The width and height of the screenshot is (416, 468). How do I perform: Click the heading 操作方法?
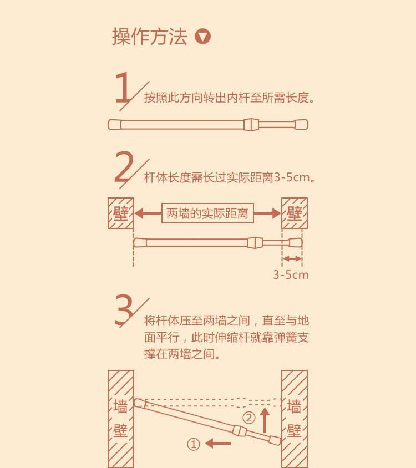(x=150, y=37)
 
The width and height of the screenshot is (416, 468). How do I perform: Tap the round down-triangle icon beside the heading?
(x=203, y=37)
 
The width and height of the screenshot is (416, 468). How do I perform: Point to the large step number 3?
(x=124, y=310)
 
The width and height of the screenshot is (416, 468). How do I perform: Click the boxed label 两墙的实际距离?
(x=207, y=213)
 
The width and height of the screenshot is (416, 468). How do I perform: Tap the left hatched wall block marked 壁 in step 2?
(x=121, y=213)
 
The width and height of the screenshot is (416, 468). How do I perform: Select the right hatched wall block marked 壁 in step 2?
(x=295, y=213)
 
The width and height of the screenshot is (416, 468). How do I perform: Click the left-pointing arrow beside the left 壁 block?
(x=148, y=213)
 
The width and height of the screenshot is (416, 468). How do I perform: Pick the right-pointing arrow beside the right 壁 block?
(x=267, y=213)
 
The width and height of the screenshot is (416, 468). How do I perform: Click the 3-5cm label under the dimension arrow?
(x=291, y=275)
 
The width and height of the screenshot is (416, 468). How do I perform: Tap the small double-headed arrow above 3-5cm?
(x=292, y=259)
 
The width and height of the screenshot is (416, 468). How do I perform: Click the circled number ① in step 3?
(x=193, y=444)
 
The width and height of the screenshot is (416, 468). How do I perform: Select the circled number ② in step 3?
(x=248, y=418)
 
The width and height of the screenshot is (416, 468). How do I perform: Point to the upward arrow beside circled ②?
(x=265, y=420)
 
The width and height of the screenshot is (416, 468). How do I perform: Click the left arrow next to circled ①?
(x=218, y=443)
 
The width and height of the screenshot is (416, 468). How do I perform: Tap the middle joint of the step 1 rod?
(x=251, y=124)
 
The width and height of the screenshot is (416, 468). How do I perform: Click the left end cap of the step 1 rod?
(x=115, y=124)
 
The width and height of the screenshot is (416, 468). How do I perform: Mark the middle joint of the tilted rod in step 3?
(x=240, y=431)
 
